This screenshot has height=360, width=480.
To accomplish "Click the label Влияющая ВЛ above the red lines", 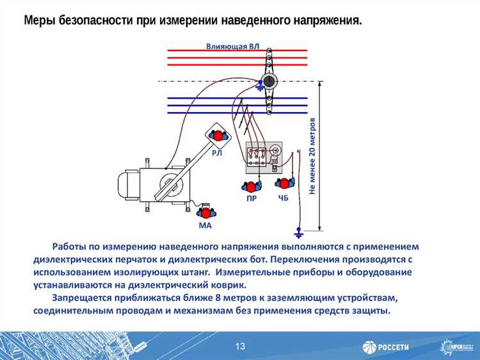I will click(232, 45).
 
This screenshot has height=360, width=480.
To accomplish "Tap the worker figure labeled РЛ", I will click(218, 136).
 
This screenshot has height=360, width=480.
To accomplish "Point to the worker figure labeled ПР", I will click(251, 186).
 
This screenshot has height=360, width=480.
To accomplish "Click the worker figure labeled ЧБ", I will click(284, 183).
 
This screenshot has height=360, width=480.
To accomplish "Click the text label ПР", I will click(252, 199).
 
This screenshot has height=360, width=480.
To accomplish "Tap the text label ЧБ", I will click(284, 199).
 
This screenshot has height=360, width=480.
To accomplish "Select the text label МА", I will click(205, 226).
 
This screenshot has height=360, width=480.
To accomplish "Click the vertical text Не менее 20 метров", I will click(312, 156).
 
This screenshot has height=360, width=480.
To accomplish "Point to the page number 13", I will click(240, 347).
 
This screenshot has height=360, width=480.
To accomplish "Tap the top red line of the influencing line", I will click(237, 50).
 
